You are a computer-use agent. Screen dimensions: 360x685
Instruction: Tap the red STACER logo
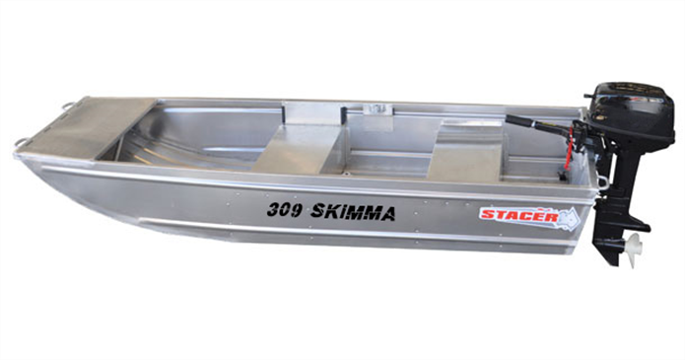click(518, 214)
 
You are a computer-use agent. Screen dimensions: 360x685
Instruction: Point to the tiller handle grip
click(520, 122)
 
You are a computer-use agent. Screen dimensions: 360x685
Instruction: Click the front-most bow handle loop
click(22, 144)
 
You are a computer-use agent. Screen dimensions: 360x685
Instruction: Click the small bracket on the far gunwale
click(374, 108)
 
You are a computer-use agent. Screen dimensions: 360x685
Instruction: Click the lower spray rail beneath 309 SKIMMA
click(325, 234)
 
